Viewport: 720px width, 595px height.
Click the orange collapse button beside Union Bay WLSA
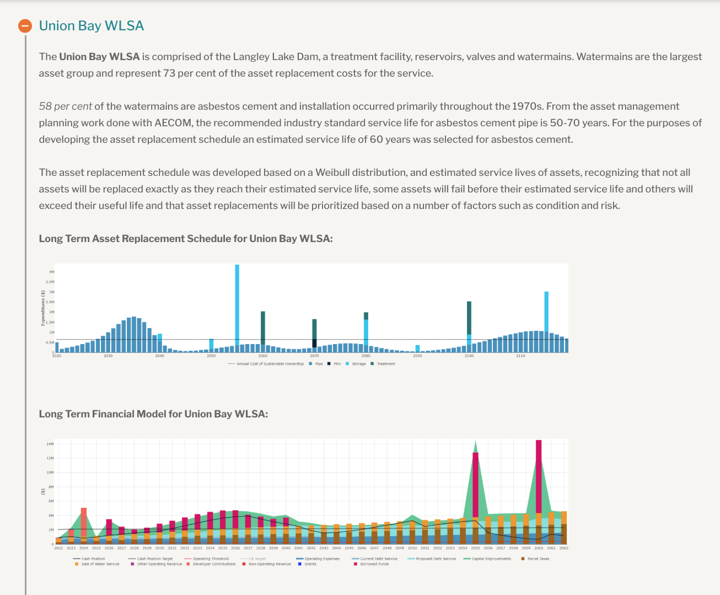click(25, 26)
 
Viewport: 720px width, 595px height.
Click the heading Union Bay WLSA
click(91, 26)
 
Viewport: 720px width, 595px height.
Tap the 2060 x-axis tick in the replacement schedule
click(263, 356)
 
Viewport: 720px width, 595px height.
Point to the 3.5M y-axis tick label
click(51, 282)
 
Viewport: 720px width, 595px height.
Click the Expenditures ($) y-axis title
click(44, 308)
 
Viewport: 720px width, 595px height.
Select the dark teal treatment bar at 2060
click(263, 328)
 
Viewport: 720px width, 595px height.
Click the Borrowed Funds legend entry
click(374, 564)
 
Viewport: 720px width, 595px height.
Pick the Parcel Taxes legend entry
click(538, 559)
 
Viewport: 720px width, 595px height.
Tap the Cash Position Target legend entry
click(154, 559)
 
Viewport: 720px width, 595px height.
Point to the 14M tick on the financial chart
click(50, 444)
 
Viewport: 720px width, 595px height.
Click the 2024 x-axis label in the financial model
click(84, 548)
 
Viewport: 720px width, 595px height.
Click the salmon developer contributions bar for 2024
click(84, 521)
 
